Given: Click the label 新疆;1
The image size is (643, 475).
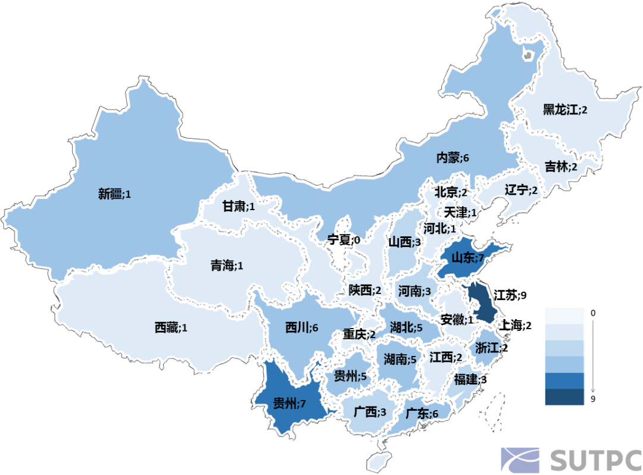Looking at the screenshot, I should click(x=114, y=193).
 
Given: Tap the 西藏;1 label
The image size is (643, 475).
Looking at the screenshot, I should click(x=171, y=327).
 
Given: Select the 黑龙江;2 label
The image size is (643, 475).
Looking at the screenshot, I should click(x=565, y=110).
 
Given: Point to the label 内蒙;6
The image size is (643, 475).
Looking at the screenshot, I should click(x=453, y=158).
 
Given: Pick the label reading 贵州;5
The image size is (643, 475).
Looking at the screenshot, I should click(x=349, y=376).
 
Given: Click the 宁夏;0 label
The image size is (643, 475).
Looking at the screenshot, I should click(x=344, y=240).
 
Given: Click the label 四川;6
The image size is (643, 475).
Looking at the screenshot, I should click(x=302, y=328).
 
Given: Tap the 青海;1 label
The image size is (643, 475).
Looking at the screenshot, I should click(x=226, y=265).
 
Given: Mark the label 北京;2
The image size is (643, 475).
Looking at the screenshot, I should click(x=451, y=192).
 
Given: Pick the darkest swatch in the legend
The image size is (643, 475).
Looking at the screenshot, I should click(x=564, y=396).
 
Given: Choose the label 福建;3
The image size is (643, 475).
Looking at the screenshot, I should click(x=470, y=380).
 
